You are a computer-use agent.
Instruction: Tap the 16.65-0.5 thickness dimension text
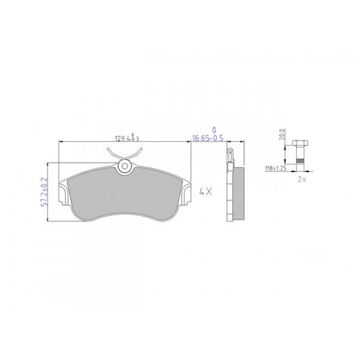[x=207, y=139]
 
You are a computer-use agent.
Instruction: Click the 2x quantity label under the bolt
[x=302, y=178]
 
